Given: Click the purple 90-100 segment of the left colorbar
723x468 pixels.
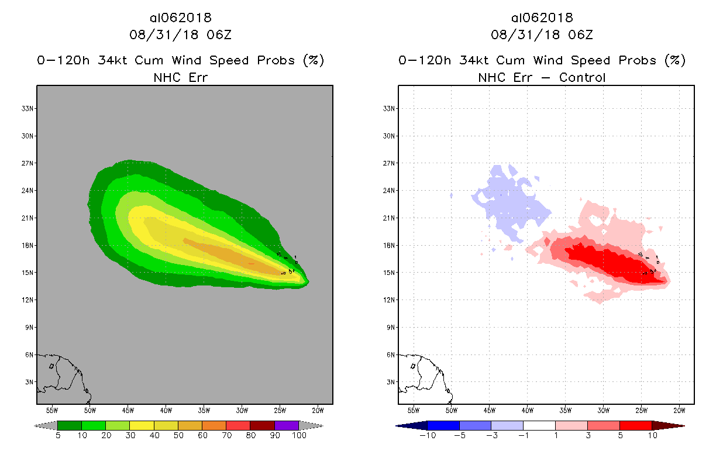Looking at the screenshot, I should coord(287,425).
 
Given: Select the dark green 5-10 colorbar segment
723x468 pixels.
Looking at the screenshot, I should coord(70,425).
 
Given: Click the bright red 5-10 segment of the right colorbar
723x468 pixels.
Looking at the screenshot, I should coord(635,425).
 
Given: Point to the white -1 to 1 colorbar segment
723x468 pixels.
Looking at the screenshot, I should coord(539,425).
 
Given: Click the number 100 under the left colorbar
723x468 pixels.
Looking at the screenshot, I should coord(299,436).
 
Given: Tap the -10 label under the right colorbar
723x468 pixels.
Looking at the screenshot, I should coord(427,436).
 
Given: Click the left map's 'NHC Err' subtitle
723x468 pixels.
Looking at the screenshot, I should coord(180,77).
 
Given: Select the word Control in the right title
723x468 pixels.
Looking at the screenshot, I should coord(582,77).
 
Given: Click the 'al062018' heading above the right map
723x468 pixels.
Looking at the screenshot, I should coord(542,18).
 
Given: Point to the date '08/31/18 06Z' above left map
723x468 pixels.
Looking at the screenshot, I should coord(180,35).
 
